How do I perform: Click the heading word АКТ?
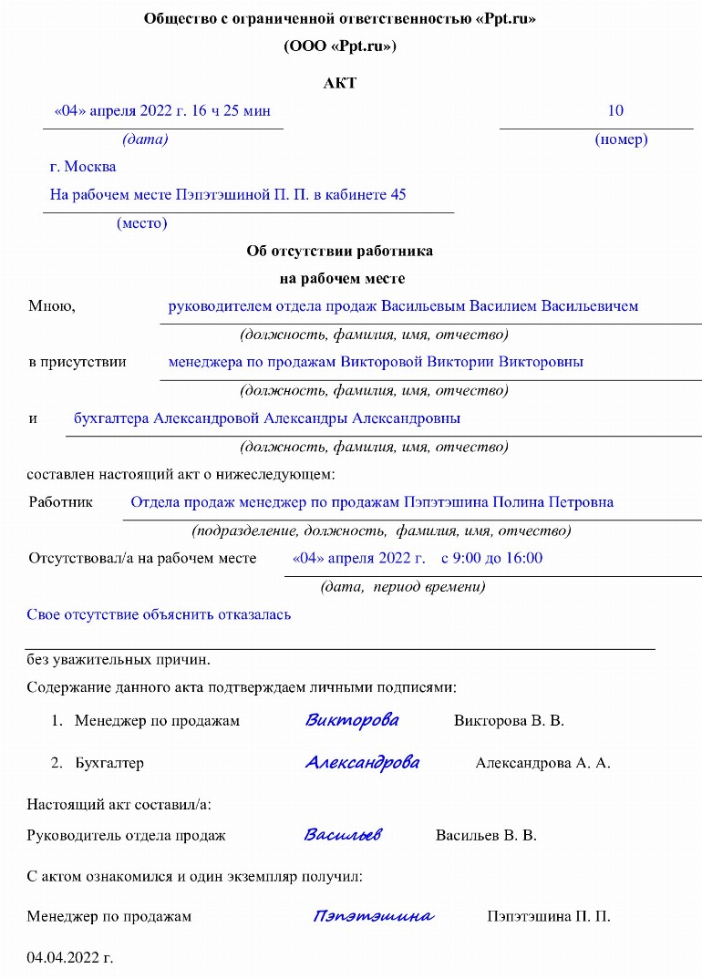(339, 83)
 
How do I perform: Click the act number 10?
(615, 111)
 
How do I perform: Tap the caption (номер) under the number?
(621, 139)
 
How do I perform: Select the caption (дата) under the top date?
(145, 139)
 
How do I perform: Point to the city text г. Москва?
(83, 167)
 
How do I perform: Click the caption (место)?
(141, 223)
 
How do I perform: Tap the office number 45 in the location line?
(397, 195)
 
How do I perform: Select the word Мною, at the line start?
(52, 306)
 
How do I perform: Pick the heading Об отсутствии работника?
(339, 251)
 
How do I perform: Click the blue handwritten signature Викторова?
(352, 720)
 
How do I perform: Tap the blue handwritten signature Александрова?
(362, 762)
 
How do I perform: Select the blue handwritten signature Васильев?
(343, 835)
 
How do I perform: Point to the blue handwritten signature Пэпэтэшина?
(373, 916)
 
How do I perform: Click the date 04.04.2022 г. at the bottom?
(70, 958)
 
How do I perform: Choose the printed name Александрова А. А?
(542, 763)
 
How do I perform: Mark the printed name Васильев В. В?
(486, 835)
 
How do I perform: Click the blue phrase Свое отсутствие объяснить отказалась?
(159, 614)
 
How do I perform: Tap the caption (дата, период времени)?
(402, 587)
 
